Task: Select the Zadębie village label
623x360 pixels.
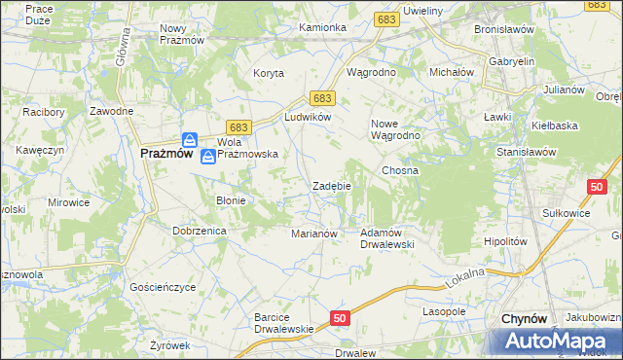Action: (x=331, y=186)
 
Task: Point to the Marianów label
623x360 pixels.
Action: (x=313, y=234)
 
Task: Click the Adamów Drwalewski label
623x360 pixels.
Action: (x=387, y=238)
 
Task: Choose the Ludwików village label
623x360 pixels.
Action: (x=308, y=117)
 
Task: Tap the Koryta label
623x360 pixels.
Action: (x=269, y=73)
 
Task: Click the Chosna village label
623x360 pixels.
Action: (x=400, y=170)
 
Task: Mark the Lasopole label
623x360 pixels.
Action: (x=444, y=311)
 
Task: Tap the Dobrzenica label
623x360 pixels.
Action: (x=200, y=231)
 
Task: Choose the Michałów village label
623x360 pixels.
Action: (x=452, y=73)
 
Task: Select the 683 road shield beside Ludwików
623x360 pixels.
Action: (x=323, y=98)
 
